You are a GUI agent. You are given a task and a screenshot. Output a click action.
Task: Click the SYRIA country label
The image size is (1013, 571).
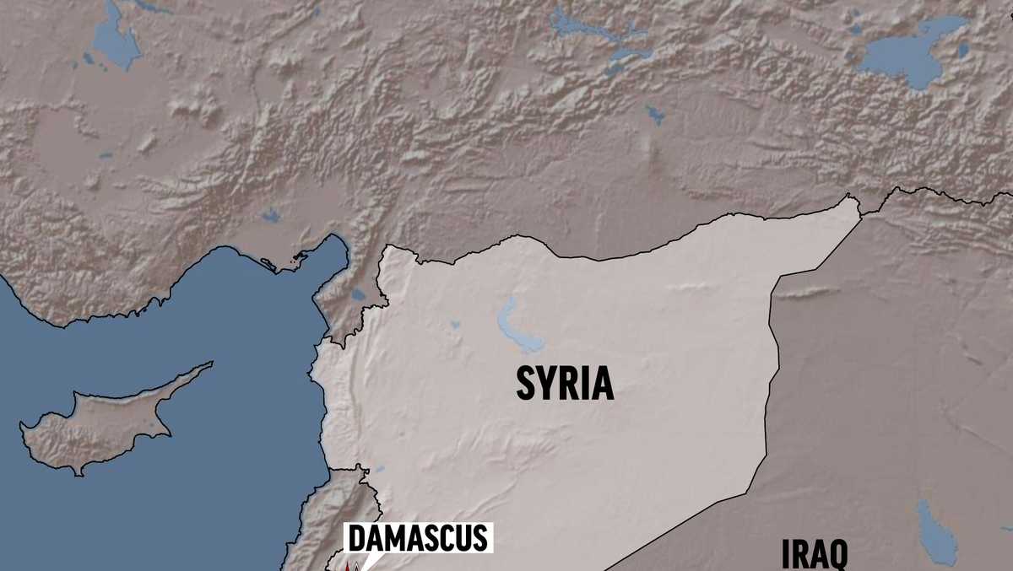(x=565, y=383)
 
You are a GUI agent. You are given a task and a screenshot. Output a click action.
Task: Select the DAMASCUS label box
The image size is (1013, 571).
(x=418, y=538)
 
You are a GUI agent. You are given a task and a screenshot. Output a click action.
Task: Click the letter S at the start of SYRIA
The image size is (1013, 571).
(x=527, y=383)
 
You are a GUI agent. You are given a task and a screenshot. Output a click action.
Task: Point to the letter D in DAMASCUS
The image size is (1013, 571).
(x=357, y=538)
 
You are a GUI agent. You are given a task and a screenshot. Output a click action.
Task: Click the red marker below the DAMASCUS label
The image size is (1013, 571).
(x=355, y=567)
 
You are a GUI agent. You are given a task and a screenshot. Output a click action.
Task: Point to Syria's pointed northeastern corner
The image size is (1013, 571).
(x=849, y=201)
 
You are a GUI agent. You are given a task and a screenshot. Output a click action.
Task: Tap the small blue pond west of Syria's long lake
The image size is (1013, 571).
(x=455, y=324)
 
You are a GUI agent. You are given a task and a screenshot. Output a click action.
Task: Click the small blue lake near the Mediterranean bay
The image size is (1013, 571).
(x=359, y=295)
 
